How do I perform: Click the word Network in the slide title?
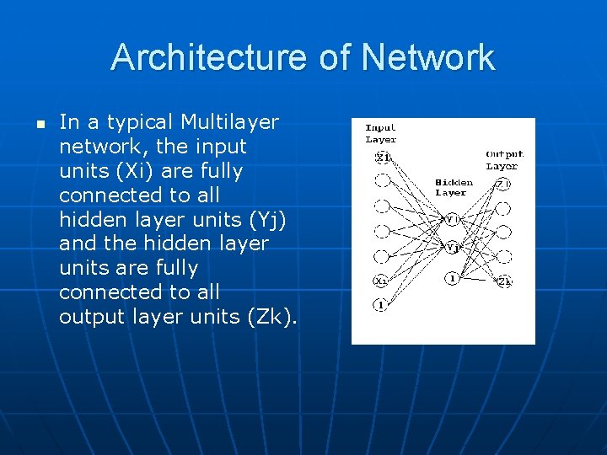click(x=428, y=57)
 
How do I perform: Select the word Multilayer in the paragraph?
click(x=229, y=122)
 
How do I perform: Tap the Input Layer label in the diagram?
click(x=380, y=133)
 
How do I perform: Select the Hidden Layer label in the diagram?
click(x=453, y=187)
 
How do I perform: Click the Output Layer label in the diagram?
click(x=504, y=159)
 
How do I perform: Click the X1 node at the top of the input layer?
click(x=383, y=158)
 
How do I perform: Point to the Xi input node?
click(x=382, y=281)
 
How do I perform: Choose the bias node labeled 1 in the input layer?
click(x=382, y=305)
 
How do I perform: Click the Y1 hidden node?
click(x=452, y=219)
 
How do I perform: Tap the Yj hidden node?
click(x=453, y=248)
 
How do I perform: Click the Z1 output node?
click(x=503, y=183)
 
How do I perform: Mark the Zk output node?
click(x=504, y=281)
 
